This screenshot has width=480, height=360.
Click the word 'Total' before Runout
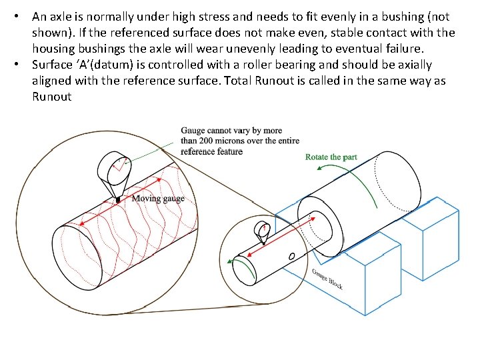tap(246, 81)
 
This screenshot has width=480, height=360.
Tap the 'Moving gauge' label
tap(158, 198)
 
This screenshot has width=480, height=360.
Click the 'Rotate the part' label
tap(331, 157)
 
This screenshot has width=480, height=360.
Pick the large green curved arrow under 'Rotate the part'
tap(356, 189)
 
